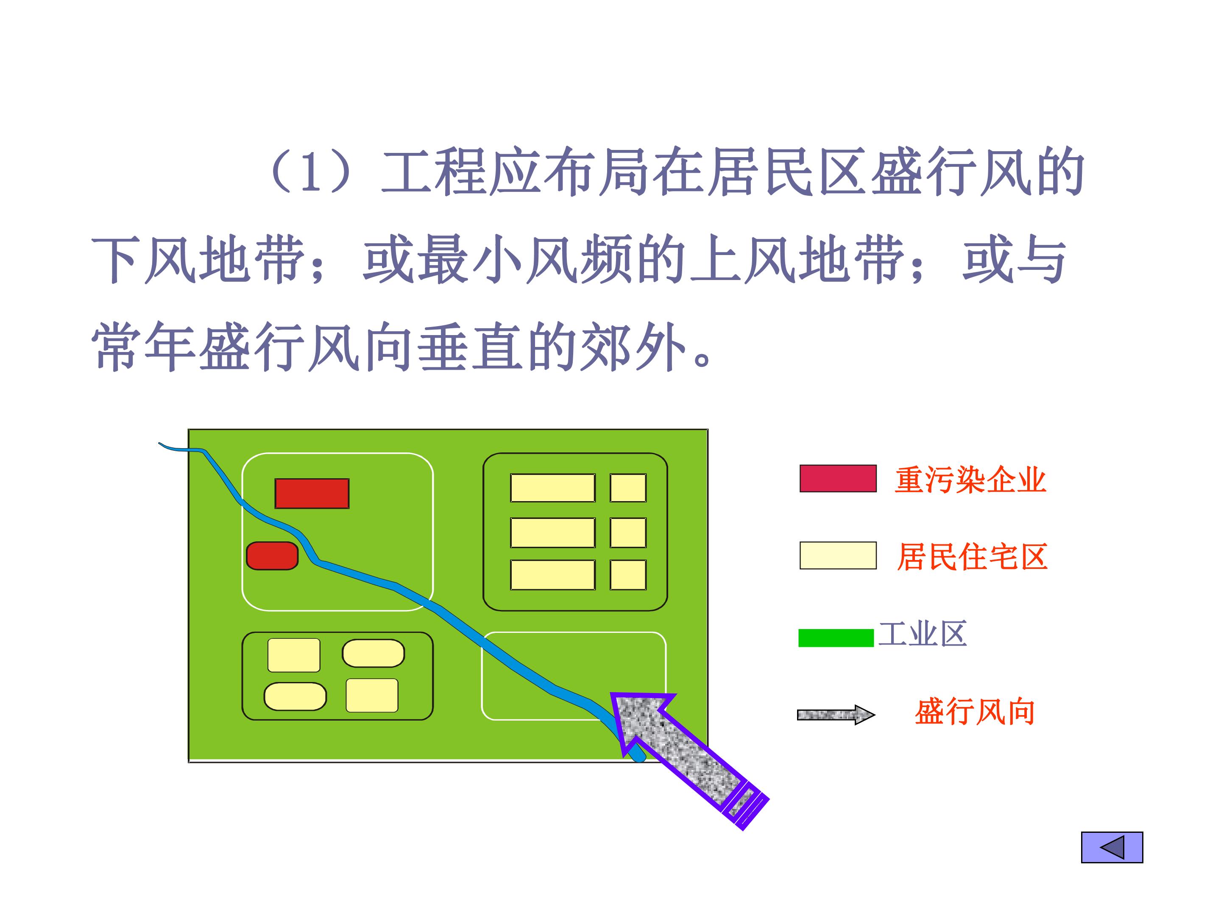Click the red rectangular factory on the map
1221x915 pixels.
312,493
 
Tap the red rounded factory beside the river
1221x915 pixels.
272,555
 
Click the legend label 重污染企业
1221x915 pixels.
970,479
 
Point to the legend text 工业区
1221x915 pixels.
923,633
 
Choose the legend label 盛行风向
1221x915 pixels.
975,712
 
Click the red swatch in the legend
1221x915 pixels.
838,478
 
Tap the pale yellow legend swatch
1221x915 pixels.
838,555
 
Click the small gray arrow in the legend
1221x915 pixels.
836,715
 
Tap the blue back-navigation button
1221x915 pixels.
1112,847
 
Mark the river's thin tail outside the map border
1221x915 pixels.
173,447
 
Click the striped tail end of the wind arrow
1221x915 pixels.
746,806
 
